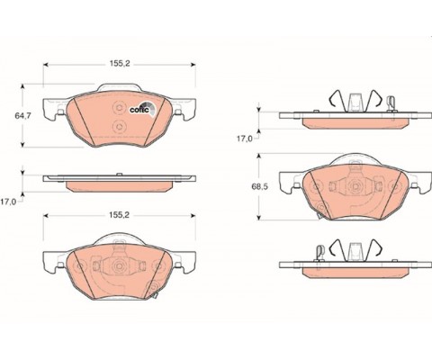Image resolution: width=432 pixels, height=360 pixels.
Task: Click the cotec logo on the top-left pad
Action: pos(143,108)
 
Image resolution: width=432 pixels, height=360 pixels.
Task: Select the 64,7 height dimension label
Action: pos(22,115)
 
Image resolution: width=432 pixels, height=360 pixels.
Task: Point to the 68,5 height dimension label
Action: pos(260,186)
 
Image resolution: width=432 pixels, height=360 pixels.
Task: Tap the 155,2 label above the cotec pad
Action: pos(120,64)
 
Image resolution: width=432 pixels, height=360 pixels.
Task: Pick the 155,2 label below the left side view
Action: pos(119,215)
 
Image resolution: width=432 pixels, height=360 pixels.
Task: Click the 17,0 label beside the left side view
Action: pos(8,202)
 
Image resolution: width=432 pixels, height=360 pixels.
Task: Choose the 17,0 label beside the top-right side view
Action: pos(245,139)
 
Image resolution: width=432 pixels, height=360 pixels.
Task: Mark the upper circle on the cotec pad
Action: pos(119,108)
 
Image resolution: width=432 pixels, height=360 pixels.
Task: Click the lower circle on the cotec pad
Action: pos(119,127)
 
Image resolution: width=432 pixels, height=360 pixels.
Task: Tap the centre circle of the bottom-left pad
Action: pos(119,265)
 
